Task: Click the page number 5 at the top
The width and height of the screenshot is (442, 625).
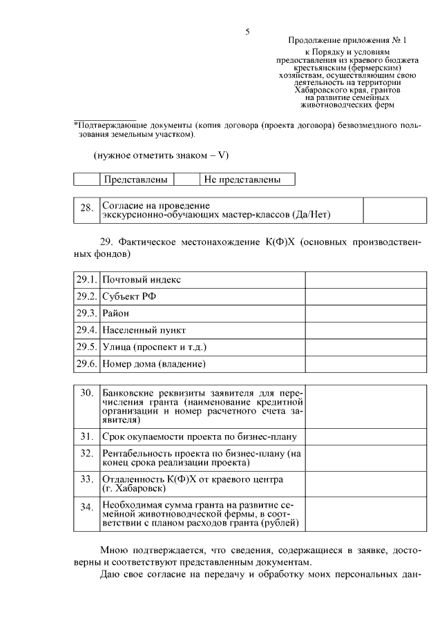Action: point(247,32)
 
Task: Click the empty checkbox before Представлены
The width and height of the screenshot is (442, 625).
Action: point(87,180)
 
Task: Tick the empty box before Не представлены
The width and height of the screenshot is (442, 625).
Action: point(186,180)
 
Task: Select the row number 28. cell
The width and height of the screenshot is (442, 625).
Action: point(86,210)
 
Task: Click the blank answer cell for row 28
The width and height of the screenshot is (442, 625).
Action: point(390,210)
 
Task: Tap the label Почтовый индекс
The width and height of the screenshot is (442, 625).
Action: point(142,280)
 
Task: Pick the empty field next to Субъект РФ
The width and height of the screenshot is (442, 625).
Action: point(363,296)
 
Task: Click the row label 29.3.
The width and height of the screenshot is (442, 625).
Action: point(86,313)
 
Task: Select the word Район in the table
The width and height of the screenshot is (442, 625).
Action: point(116,313)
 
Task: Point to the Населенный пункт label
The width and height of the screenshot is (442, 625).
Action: point(144,329)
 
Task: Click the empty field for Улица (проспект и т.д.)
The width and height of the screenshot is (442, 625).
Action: point(363,346)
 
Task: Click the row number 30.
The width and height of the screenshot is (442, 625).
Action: point(86,393)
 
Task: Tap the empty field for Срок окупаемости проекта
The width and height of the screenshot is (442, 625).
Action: point(363,436)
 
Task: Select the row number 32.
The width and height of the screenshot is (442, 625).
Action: point(86,453)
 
